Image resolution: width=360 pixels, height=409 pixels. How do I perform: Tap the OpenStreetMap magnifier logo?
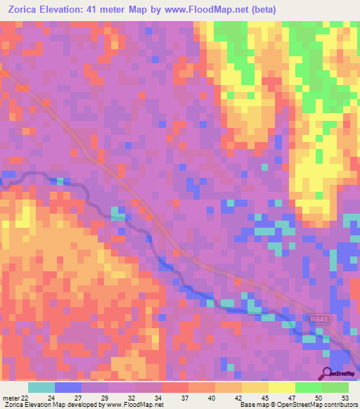click(x=325, y=372)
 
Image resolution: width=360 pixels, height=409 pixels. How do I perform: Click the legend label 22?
click(x=25, y=397)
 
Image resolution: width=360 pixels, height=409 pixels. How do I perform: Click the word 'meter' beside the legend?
click(x=10, y=397)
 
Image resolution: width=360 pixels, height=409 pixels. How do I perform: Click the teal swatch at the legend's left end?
click(x=41, y=387)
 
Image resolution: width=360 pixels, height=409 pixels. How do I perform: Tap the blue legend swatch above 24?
click(x=68, y=387)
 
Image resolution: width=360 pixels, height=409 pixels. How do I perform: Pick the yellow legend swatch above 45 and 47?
click(x=255, y=387)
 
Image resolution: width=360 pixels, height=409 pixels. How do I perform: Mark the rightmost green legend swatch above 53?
click(x=335, y=387)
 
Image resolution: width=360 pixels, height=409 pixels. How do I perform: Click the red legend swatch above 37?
click(x=175, y=387)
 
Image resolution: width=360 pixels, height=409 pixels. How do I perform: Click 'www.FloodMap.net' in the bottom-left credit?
click(x=130, y=405)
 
